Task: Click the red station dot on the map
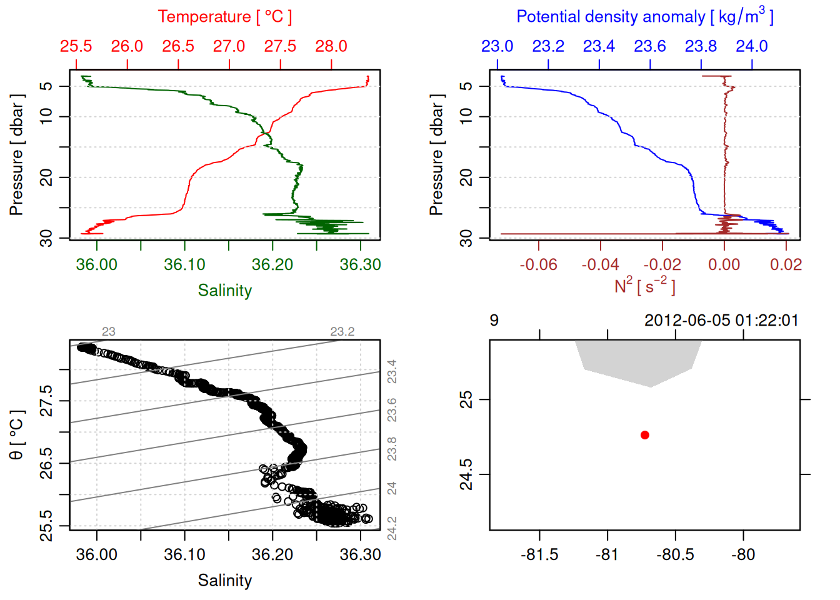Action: click(644, 435)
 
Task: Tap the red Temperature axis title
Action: click(224, 17)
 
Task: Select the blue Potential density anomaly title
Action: click(644, 16)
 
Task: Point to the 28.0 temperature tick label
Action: click(331, 46)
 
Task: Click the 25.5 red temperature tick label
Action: click(76, 46)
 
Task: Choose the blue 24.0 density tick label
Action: click(751, 46)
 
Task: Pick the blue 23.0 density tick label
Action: click(497, 46)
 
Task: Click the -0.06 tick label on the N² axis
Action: click(538, 264)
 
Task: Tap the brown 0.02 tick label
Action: click(786, 264)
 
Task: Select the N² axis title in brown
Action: click(644, 286)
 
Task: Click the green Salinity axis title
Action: click(224, 291)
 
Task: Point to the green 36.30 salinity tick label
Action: click(360, 264)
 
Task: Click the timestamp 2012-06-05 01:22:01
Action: click(721, 321)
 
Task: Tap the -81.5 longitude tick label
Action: click(539, 554)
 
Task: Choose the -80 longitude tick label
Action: click(743, 554)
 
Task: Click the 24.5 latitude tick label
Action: click(466, 474)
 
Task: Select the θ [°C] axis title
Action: click(16, 435)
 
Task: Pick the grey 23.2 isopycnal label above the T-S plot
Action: click(342, 332)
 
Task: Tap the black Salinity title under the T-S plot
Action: click(224, 581)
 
